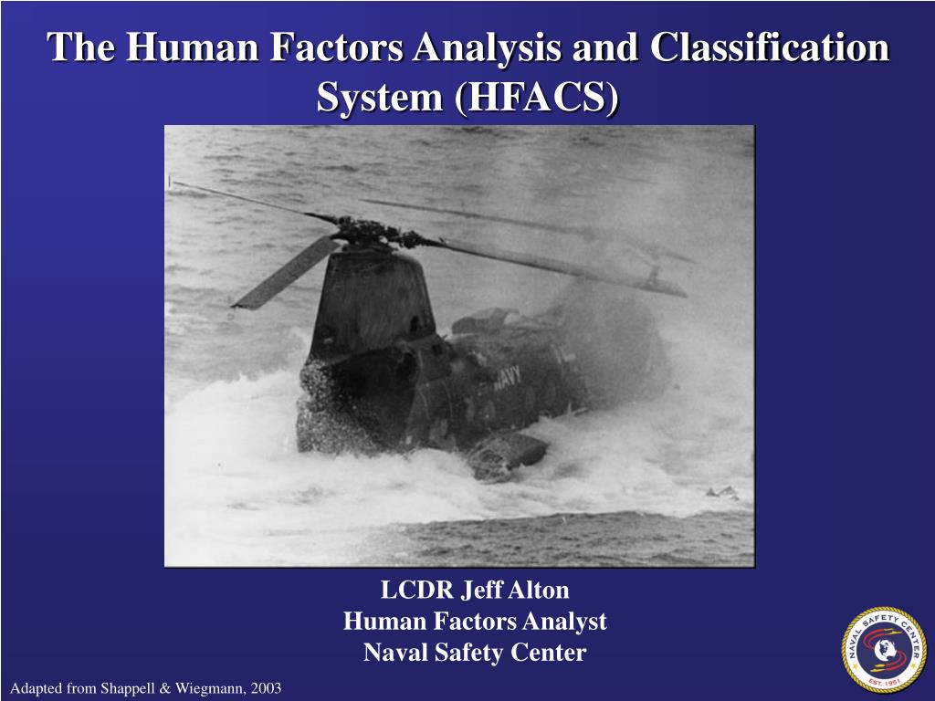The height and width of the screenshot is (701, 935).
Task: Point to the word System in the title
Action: [x=374, y=97]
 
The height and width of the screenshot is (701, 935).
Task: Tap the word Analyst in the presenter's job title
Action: [x=568, y=622]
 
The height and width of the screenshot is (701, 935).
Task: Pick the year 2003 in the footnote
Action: [x=262, y=687]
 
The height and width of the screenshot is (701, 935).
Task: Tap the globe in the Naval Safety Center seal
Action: [x=883, y=650]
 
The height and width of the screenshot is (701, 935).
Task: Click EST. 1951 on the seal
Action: [x=883, y=682]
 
